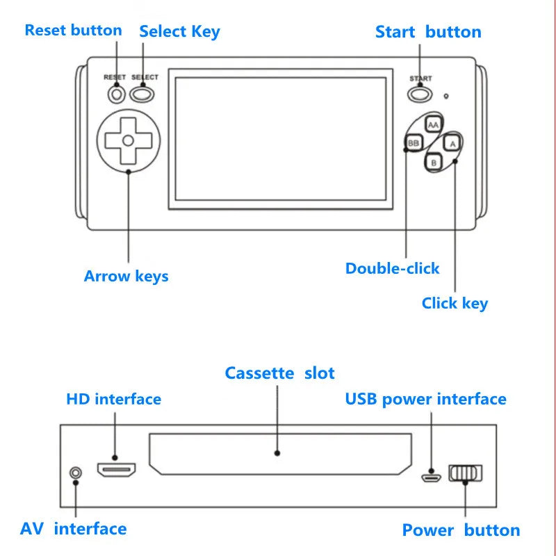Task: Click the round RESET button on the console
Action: (116, 93)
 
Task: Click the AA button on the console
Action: (434, 124)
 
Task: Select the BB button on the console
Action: (414, 143)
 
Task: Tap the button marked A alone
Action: (452, 143)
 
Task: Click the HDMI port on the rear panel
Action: (116, 471)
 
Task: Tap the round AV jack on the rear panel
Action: (76, 473)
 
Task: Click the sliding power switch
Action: (465, 473)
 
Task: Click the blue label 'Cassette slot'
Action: (279, 373)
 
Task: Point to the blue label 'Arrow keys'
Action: (126, 276)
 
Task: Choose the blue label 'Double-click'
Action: (392, 268)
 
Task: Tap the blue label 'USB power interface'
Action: (425, 399)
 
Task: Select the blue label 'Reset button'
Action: (73, 31)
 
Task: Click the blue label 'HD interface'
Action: (113, 399)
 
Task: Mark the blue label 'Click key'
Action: (455, 303)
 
